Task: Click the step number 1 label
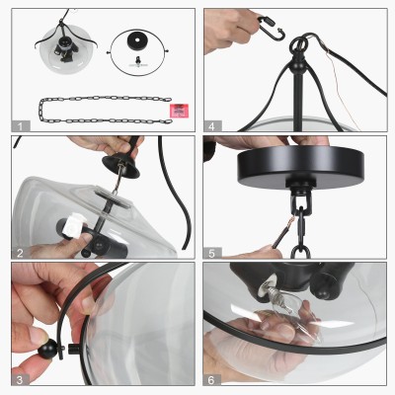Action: click(21, 126)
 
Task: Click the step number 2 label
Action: click(21, 253)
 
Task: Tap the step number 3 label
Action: click(20, 380)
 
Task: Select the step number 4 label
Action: click(211, 126)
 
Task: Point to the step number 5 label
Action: click(211, 253)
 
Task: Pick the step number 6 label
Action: click(211, 380)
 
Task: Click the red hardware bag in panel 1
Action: click(179, 111)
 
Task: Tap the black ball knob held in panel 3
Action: click(46, 349)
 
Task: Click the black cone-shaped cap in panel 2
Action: click(121, 165)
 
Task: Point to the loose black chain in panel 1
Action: click(106, 111)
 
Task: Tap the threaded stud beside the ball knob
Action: click(73, 349)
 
